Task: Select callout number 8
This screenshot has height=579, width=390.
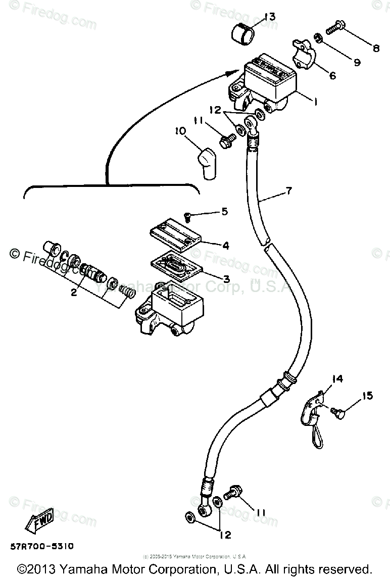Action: (376, 49)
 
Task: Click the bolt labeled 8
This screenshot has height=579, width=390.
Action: (334, 29)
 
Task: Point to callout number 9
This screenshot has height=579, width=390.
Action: (357, 63)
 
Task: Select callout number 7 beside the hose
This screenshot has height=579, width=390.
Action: (288, 191)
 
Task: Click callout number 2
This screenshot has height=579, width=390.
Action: (73, 293)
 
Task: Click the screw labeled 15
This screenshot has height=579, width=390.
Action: (337, 413)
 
